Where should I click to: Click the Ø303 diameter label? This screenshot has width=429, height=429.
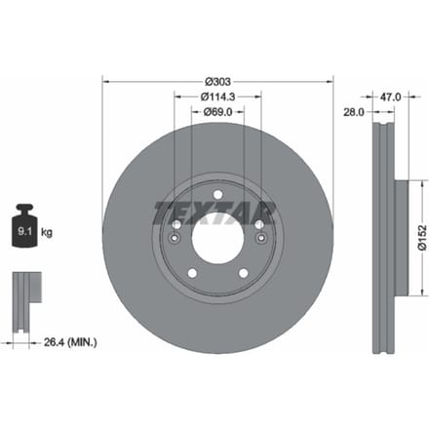[x=217, y=82]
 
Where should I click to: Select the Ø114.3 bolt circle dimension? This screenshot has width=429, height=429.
[x=217, y=97]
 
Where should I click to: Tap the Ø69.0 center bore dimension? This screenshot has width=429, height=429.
[x=217, y=112]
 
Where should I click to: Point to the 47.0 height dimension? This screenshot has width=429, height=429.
[x=390, y=97]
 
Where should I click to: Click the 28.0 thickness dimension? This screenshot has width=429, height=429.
[x=354, y=112]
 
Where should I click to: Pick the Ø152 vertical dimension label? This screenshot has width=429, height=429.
[x=422, y=238]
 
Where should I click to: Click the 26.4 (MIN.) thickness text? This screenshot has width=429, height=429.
[x=70, y=342]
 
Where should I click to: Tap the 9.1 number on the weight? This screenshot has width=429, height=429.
[x=24, y=231]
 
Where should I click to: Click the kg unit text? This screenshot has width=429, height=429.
[x=47, y=232]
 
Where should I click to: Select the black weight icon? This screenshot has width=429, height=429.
[x=24, y=225]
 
